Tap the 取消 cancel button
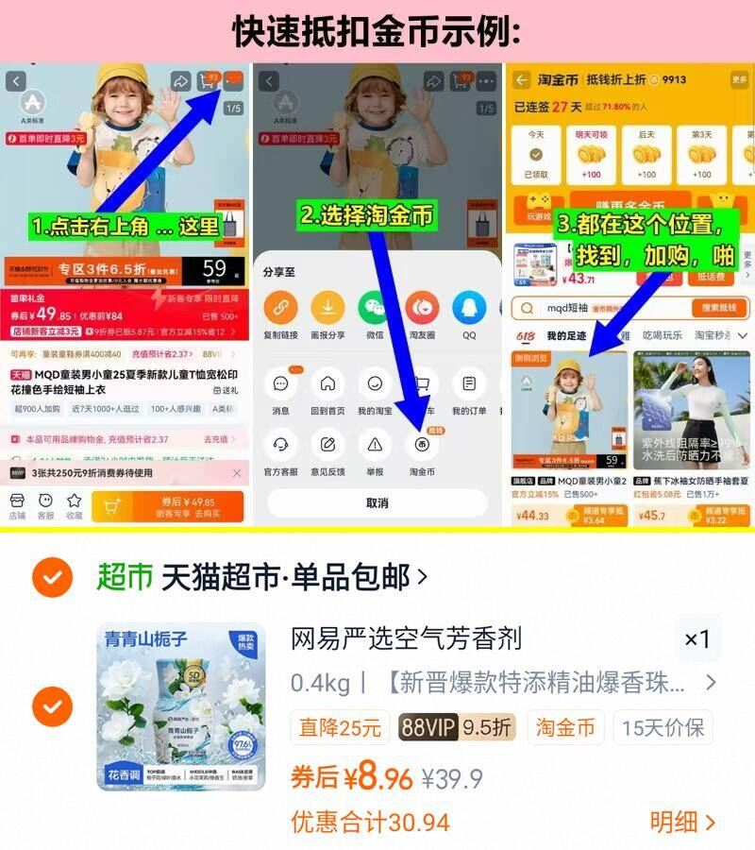click(x=377, y=503)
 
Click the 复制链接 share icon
click(x=280, y=308)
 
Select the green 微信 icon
click(x=375, y=308)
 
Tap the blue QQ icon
click(x=469, y=308)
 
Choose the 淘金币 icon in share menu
click(x=422, y=444)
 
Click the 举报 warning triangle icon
click(x=375, y=444)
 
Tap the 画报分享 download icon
click(x=327, y=308)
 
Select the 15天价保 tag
click(x=662, y=727)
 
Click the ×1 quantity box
click(x=696, y=639)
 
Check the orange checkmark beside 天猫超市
click(x=53, y=576)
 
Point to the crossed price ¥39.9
click(x=452, y=779)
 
